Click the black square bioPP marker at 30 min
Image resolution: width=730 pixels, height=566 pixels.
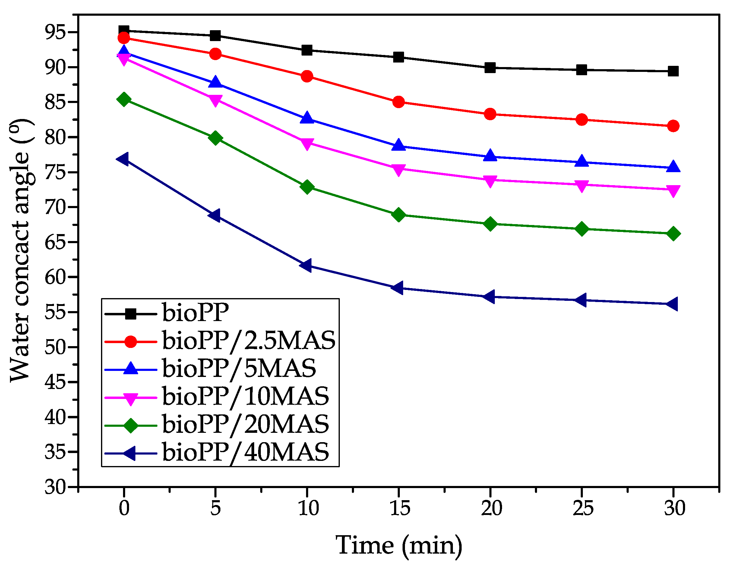(673, 71)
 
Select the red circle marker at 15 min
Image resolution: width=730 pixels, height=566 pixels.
(398, 102)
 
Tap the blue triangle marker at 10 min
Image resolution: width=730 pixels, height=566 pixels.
(307, 118)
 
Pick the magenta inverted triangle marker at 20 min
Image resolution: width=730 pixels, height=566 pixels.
(490, 181)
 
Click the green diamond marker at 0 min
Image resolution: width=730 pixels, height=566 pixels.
(124, 99)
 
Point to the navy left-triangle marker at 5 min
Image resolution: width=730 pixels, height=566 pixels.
(215, 215)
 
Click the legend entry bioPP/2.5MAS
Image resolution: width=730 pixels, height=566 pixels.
(249, 341)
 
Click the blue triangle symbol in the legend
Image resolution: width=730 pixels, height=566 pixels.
(131, 368)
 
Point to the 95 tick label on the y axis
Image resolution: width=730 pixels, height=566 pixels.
(55, 32)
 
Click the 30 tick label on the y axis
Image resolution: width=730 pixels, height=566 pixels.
(55, 487)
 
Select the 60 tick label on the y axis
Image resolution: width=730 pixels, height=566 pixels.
(55, 277)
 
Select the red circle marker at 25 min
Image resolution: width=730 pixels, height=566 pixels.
(582, 120)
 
